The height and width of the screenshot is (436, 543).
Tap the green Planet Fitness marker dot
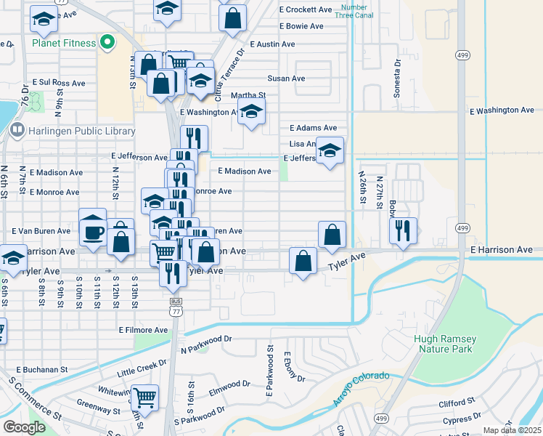[x=107, y=42]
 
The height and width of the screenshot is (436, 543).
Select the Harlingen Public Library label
[x=82, y=131]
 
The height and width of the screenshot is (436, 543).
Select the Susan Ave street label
[x=286, y=78]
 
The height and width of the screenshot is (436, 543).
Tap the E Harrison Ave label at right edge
[x=502, y=250]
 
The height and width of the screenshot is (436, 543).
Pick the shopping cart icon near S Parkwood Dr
[x=145, y=397]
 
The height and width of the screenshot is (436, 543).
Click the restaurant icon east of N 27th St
[x=403, y=230]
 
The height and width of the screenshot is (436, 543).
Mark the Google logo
[x=24, y=427]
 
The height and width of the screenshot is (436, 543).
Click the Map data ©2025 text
[x=512, y=430]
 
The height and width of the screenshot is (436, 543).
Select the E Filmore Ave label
[x=143, y=330]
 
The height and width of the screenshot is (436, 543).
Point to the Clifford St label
[x=457, y=400]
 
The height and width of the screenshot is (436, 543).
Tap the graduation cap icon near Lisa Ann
[x=330, y=150]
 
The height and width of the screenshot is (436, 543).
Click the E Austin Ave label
[x=272, y=44]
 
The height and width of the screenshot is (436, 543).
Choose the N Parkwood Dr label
[x=205, y=339]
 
